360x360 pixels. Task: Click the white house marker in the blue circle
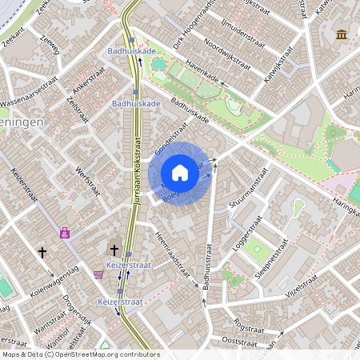[180, 173]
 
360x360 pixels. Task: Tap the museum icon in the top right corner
[342, 35]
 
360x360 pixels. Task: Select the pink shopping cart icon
[98, 274]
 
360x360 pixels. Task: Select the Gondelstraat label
[170, 138]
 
